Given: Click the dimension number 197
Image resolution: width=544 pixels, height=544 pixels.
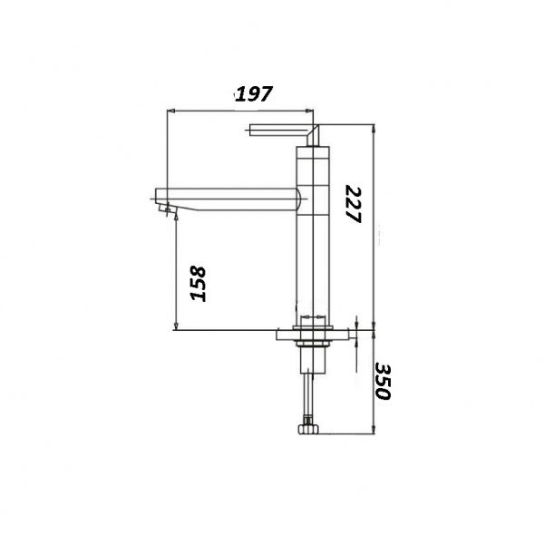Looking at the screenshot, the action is [x=254, y=93].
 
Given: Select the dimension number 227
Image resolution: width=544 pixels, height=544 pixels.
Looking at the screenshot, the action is [x=354, y=204].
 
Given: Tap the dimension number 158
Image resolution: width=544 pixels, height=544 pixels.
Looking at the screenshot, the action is [x=199, y=284].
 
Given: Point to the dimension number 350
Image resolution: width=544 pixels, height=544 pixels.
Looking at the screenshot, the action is [x=383, y=382].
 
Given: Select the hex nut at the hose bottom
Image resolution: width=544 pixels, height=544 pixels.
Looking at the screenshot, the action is [x=308, y=430].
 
